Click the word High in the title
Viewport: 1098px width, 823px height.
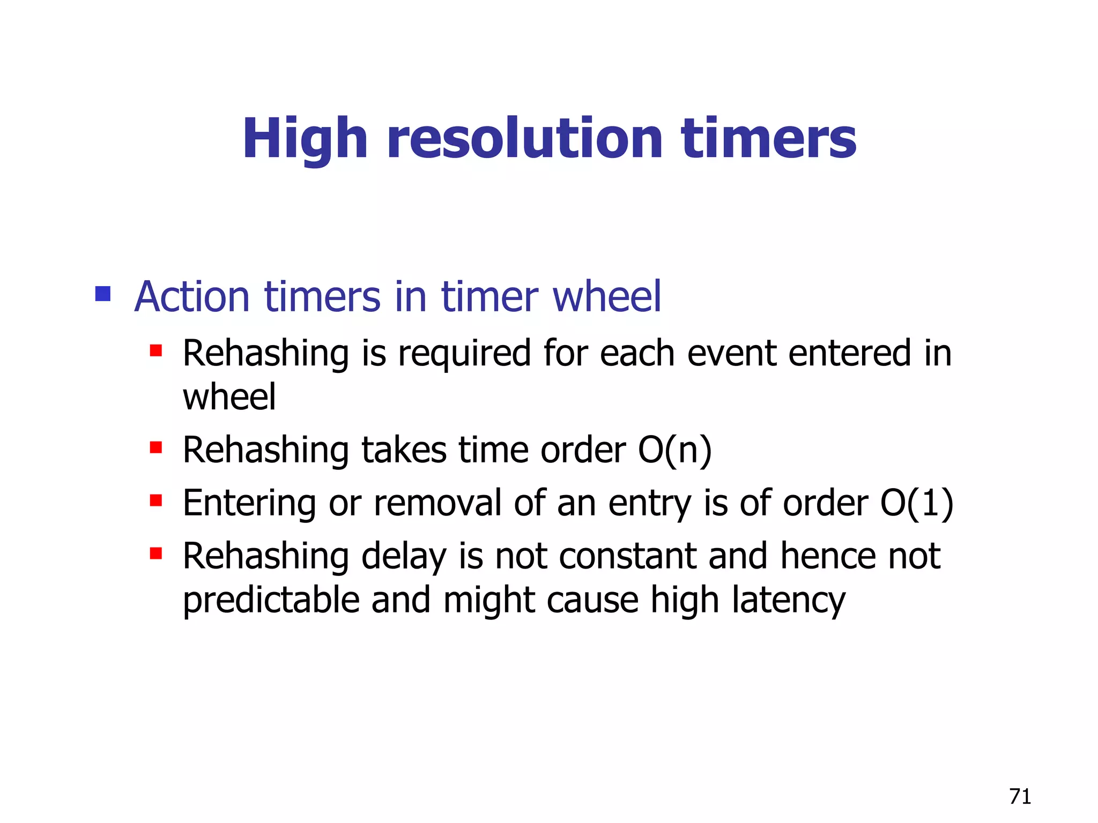pyautogui.click(x=305, y=139)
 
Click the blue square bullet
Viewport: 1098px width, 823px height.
pyautogui.click(x=102, y=294)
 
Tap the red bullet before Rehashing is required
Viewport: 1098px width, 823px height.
pyautogui.click(x=156, y=351)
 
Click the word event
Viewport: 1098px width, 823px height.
pyautogui.click(x=732, y=354)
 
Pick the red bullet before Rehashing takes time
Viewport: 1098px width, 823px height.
pyautogui.click(x=156, y=447)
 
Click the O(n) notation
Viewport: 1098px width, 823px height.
pyautogui.click(x=674, y=450)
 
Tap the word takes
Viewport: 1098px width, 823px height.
pyautogui.click(x=404, y=450)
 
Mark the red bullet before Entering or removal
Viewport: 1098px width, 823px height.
pyautogui.click(x=156, y=500)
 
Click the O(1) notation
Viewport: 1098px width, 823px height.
pyautogui.click(x=916, y=504)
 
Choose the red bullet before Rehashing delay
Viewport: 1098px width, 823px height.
pyautogui.click(x=156, y=553)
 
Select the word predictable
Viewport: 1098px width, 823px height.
pyautogui.click(x=271, y=600)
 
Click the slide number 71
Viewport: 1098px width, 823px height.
pyautogui.click(x=1020, y=797)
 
